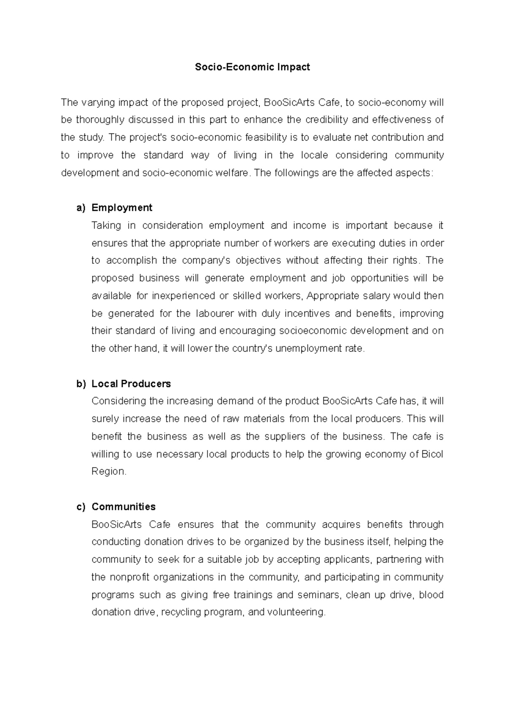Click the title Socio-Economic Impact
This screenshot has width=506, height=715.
click(252, 67)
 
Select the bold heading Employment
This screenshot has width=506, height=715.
click(122, 208)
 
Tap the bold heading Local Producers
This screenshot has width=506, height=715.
click(131, 384)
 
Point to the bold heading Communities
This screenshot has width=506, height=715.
click(124, 506)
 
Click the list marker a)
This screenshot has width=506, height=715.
click(81, 208)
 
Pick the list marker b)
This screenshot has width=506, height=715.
click(81, 384)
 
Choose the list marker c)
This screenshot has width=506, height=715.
click(81, 506)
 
